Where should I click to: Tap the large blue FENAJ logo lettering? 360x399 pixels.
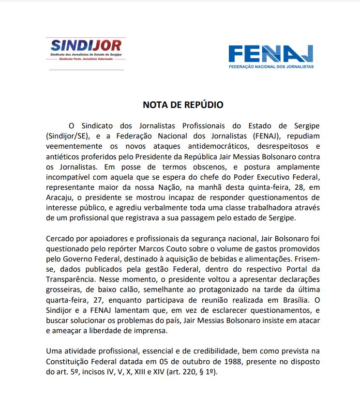[270, 54]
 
